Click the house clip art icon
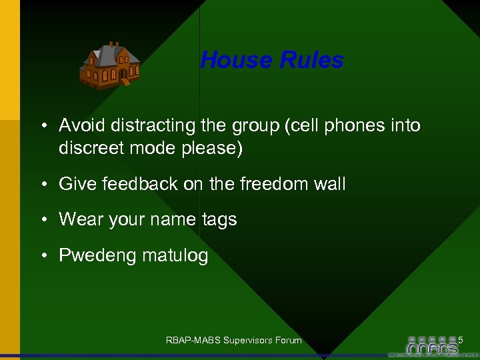click(x=109, y=65)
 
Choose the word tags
click(x=218, y=220)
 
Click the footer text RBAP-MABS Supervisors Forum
click(x=233, y=341)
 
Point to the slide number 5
click(x=460, y=340)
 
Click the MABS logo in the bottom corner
click(x=433, y=345)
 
